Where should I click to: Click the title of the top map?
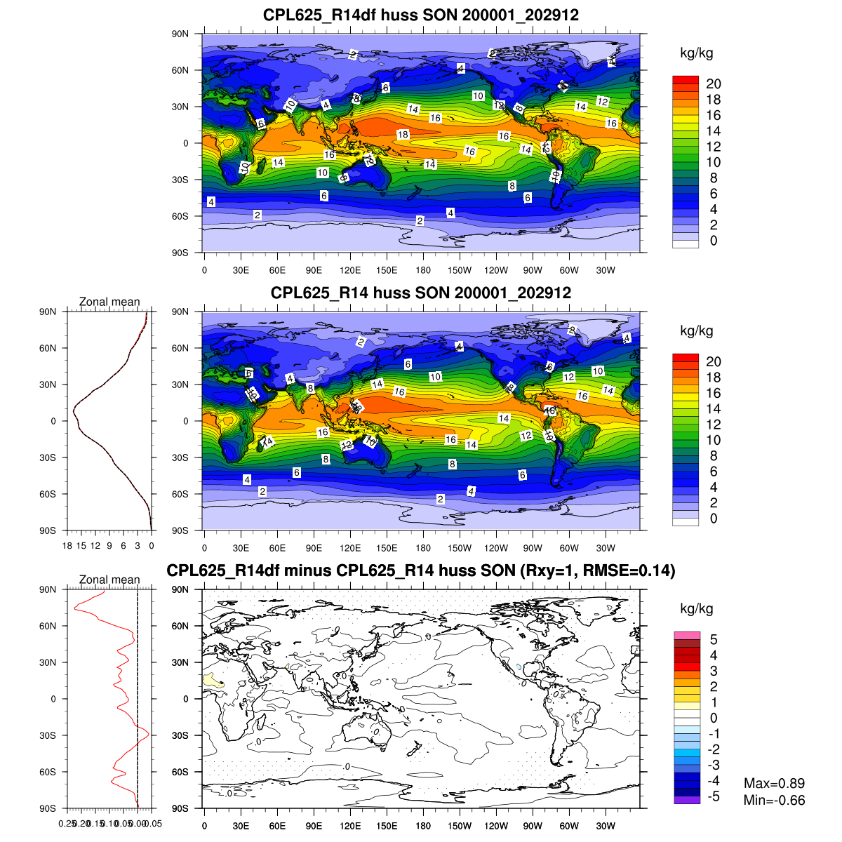421,15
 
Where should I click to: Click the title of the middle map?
421,293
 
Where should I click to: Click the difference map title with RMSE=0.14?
421,570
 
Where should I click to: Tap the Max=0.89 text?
774,783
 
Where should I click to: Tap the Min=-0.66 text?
774,800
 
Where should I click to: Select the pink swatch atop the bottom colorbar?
687,635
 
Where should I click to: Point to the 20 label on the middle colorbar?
714,361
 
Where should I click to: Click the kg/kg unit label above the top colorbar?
697,53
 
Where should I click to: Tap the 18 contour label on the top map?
403,135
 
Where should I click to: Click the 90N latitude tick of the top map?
180,34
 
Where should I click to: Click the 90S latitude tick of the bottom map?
180,808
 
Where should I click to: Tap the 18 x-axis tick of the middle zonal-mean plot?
67,545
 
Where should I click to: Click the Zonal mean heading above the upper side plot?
109,302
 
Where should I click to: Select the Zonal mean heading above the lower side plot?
109,580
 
